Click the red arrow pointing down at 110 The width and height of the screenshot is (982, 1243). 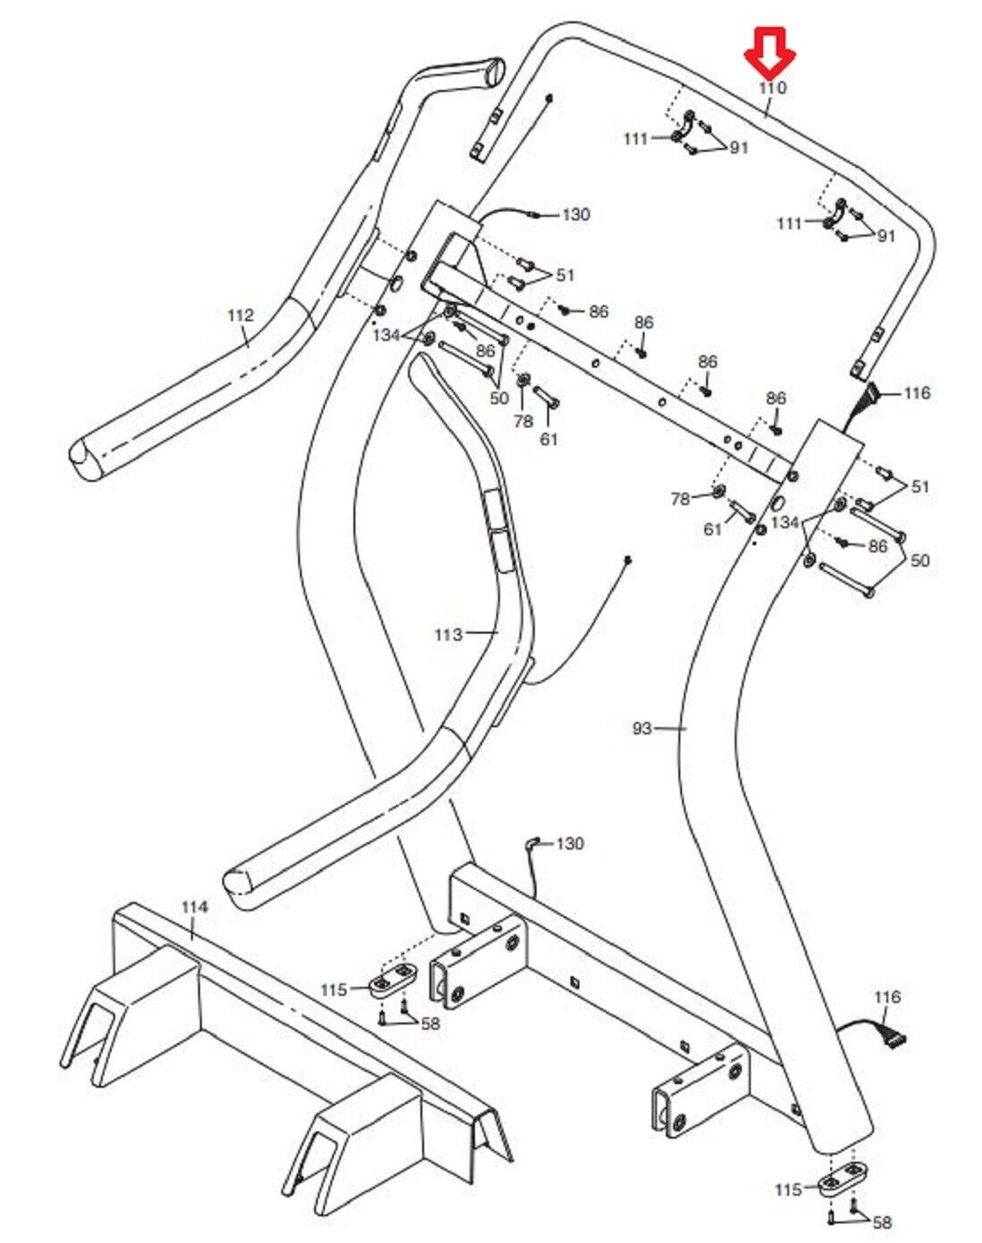pos(770,52)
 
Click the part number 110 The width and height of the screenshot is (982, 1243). pos(772,87)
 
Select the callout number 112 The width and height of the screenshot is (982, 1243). pos(240,315)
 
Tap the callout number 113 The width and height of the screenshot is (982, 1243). pos(448,634)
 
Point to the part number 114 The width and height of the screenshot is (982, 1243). pos(194,907)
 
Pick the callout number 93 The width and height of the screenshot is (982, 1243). pos(642,728)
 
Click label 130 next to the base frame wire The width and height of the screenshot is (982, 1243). pos(570,843)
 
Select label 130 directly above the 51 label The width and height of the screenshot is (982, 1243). pos(576,214)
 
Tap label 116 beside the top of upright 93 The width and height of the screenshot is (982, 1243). pos(917,393)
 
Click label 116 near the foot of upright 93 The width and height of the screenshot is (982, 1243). pos(887,997)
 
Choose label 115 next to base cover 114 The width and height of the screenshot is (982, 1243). pos(334,990)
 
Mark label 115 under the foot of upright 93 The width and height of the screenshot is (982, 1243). pos(788,1189)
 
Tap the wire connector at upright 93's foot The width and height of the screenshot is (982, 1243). pos(893,1038)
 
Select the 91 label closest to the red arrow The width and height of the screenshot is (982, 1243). pos(738,148)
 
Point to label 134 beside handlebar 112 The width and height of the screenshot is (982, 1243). pos(387,335)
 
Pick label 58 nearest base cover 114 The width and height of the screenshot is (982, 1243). pos(430,1023)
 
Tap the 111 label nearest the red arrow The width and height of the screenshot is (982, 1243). pos(636,138)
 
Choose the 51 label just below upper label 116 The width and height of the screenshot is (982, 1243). pos(920,486)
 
